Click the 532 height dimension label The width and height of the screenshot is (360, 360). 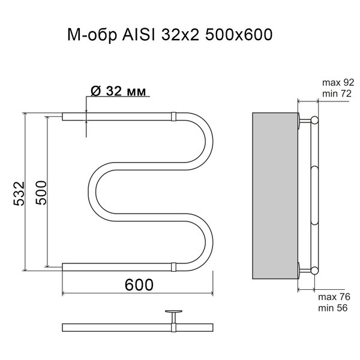pyautogui.click(x=19, y=193)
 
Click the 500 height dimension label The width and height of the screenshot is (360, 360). pyautogui.click(x=41, y=193)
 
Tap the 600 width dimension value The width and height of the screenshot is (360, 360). pyautogui.click(x=139, y=284)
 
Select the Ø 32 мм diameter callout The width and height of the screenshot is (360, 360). pyautogui.click(x=118, y=91)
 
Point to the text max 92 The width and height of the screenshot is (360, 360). pyautogui.click(x=338, y=82)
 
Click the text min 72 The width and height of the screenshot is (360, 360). pyautogui.click(x=337, y=94)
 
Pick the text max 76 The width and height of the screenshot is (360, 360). pyautogui.click(x=334, y=297)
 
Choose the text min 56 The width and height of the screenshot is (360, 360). pyautogui.click(x=332, y=308)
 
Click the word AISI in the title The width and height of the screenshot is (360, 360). pyautogui.click(x=139, y=35)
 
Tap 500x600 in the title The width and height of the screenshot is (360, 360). pyautogui.click(x=239, y=35)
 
